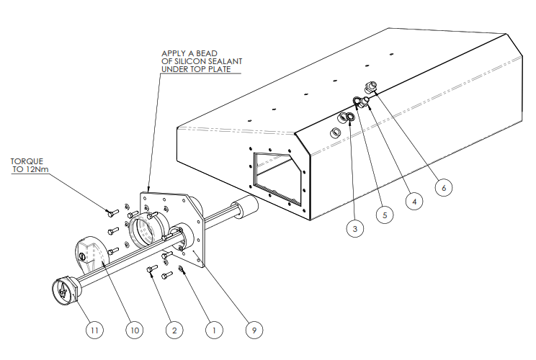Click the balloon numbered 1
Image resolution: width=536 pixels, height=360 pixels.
pos(212,330)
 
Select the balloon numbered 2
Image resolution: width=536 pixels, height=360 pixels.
pos(172,330)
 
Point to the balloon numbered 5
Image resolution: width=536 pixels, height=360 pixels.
pos(385,215)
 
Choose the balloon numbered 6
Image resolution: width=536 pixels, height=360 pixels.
pos(444,187)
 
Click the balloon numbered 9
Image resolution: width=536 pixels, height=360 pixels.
pos(252,330)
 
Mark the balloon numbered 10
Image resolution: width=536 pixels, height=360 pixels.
pos(133,330)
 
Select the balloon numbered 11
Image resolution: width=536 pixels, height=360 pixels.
pos(94,330)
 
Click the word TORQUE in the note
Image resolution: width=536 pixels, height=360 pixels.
pos(27,161)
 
